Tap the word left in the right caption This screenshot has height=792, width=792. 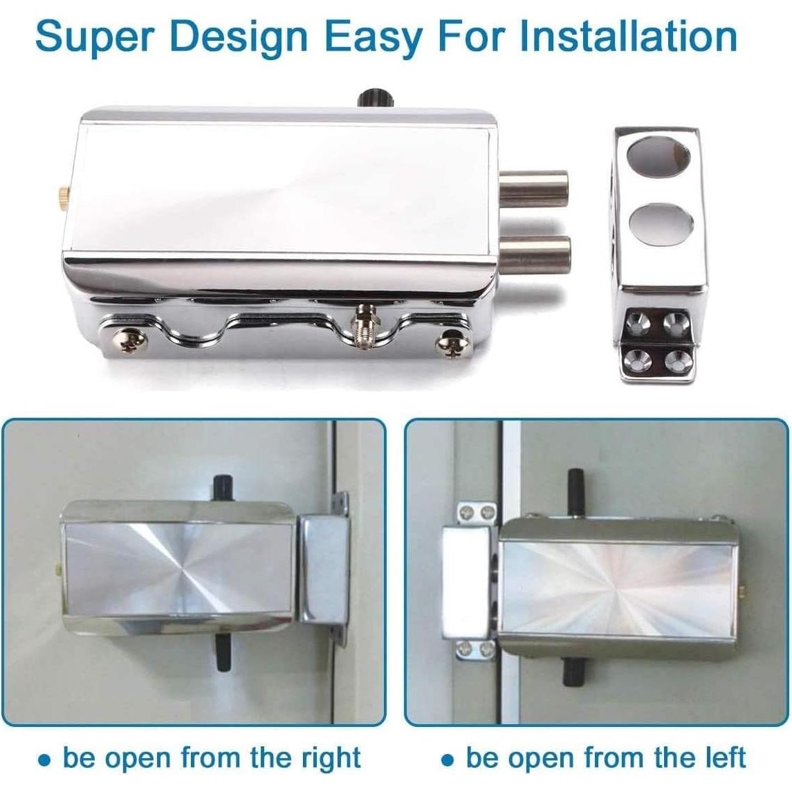[x=720, y=757]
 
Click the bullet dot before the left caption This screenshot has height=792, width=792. [x=46, y=759]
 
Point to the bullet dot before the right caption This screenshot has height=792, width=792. [x=450, y=759]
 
